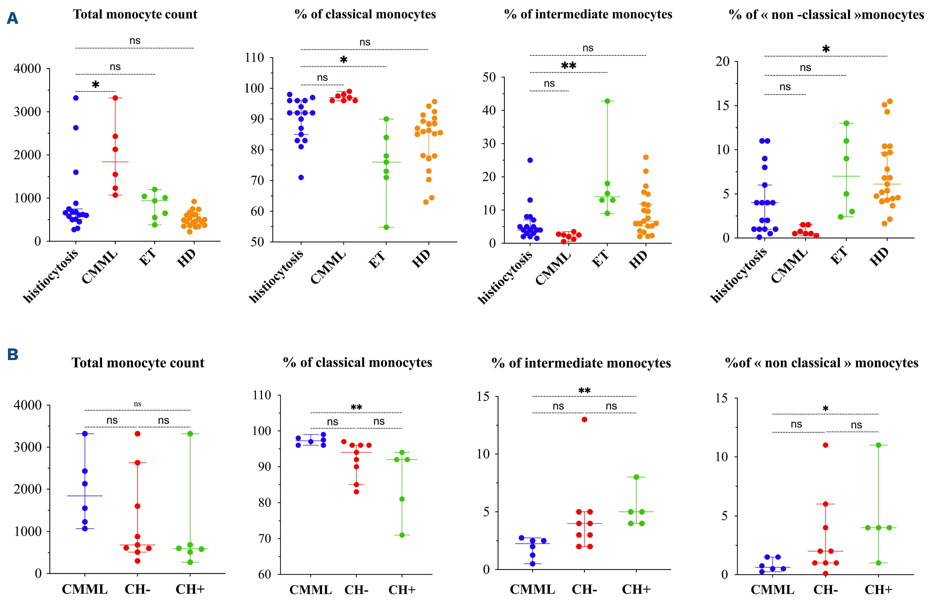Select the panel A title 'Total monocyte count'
(x=135, y=15)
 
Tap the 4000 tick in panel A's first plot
(x=27, y=69)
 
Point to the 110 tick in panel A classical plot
(x=254, y=58)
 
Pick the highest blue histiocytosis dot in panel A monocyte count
(x=76, y=98)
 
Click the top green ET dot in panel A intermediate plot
(x=607, y=101)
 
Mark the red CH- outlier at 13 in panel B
(x=584, y=419)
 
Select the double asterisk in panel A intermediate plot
(x=568, y=66)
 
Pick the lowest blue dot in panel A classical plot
(x=301, y=177)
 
